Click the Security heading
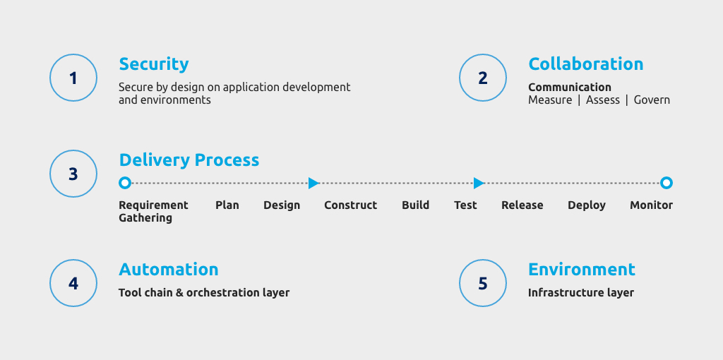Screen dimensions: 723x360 153,64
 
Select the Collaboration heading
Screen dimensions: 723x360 585,64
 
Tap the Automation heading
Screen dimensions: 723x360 168,269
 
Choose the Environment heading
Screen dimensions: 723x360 582,269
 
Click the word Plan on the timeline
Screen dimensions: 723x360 227,205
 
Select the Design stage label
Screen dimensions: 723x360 282,205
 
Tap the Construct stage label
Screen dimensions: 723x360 350,205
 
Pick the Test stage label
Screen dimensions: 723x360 465,205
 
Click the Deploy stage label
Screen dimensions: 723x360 587,205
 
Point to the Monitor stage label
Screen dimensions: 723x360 651,205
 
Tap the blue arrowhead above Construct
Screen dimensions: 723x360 313,183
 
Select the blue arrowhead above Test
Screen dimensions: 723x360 479,183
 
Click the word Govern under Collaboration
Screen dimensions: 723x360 652,100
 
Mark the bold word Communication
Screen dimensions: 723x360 570,87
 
